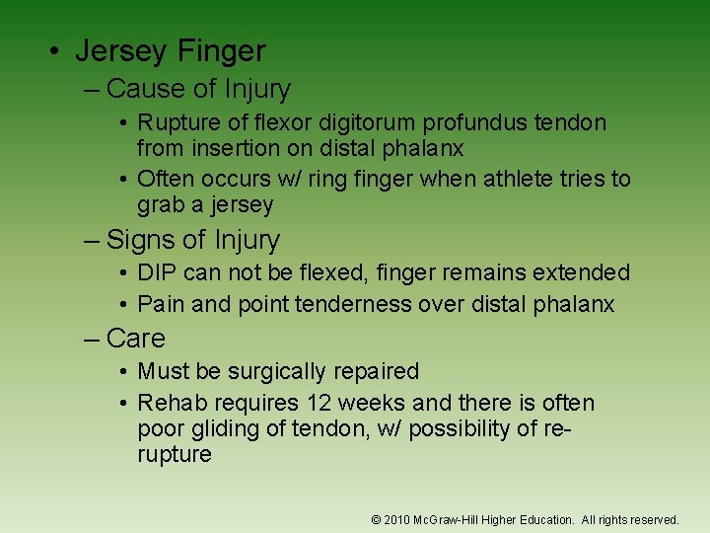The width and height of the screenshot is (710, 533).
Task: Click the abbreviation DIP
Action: tap(158, 272)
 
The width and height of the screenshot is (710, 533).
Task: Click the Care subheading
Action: tap(135, 338)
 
